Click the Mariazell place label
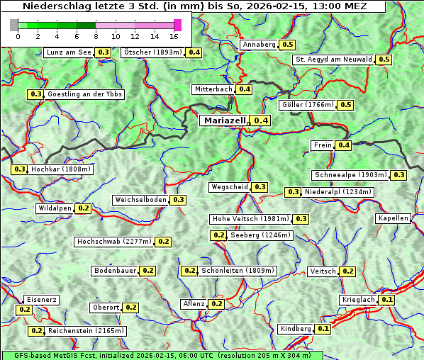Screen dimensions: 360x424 tap(225, 120)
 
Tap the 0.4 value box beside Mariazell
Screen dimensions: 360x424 tap(262, 120)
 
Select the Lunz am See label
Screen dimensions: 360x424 tap(68, 52)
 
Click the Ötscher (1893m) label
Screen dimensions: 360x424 tap(152, 52)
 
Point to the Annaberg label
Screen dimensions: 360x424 tap(258, 45)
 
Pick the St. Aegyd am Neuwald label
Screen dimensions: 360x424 tap(333, 60)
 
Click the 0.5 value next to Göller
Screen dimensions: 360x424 tap(345, 105)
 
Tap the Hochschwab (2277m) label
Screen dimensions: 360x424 tap(114, 242)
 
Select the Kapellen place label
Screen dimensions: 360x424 tap(393, 218)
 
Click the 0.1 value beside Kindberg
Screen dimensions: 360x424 tap(323, 329)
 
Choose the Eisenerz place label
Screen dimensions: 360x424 tap(40, 300)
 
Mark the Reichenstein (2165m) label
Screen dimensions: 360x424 tap(87, 331)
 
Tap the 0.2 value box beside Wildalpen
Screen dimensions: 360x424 tap(84, 208)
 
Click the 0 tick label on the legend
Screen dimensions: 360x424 tap(18, 35)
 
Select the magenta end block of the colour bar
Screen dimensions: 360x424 tap(177, 25)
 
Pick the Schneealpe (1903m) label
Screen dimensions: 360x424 tap(351, 175)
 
